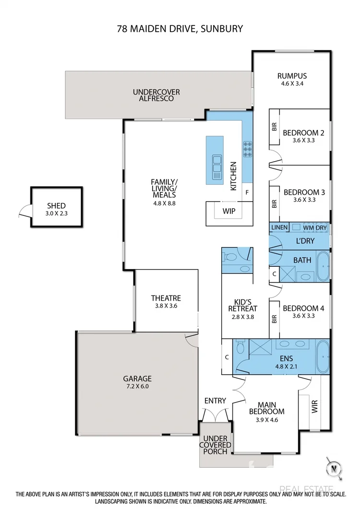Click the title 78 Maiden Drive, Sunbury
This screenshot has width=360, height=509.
180,29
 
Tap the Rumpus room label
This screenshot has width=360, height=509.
292,76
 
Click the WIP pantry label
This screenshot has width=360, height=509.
229,211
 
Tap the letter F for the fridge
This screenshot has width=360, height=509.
247,192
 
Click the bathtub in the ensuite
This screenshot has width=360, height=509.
322,356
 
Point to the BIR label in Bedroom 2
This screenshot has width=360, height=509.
275,127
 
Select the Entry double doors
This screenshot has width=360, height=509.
216,416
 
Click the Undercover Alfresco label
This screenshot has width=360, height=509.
153,95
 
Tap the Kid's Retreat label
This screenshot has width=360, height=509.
243,305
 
